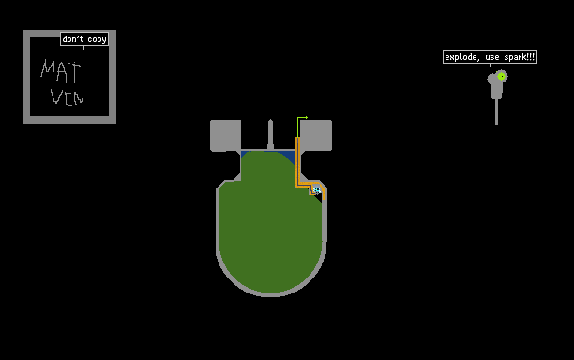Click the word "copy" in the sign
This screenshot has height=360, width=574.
click(97, 39)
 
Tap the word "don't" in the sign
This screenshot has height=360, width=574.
click(72, 38)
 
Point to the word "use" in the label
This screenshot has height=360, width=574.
click(491, 57)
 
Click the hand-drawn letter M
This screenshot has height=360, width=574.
click(48, 69)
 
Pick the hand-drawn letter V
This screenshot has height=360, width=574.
click(56, 97)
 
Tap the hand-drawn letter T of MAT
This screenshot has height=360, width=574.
click(74, 73)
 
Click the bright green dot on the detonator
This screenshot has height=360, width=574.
click(502, 77)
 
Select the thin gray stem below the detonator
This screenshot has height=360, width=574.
click(496, 112)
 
